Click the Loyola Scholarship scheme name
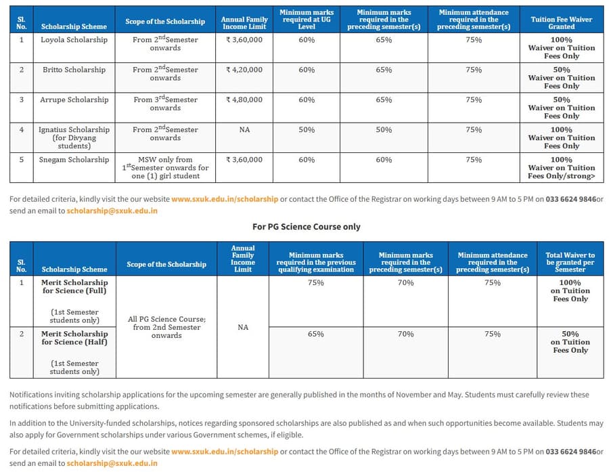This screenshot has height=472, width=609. [74, 40]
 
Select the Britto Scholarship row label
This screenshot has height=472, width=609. [74, 70]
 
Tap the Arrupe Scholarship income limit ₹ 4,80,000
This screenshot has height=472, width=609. [244, 100]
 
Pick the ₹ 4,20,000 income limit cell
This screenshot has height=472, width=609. [244, 70]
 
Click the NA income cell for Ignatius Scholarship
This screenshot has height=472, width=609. [244, 129]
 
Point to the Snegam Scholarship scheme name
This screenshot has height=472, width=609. [74, 160]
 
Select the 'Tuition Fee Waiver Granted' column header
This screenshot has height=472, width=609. [562, 23]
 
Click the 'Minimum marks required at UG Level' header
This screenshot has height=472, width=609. [307, 20]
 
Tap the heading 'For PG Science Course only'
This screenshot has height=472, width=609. [307, 227]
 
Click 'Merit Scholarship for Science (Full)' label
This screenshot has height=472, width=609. [74, 286]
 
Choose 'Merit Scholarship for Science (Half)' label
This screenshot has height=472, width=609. [74, 338]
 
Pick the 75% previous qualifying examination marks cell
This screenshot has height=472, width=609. [315, 283]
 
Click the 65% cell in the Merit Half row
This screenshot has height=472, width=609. [315, 335]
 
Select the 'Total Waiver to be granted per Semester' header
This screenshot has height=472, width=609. [570, 262]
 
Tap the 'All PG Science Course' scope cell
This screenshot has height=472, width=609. [166, 327]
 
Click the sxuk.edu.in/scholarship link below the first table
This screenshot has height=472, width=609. [225, 199]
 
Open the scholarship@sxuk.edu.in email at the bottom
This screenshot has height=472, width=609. [112, 463]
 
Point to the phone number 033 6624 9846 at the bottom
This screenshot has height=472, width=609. [570, 452]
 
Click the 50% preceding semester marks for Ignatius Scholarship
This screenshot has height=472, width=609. [384, 129]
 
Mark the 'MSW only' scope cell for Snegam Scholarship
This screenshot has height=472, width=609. [166, 168]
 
